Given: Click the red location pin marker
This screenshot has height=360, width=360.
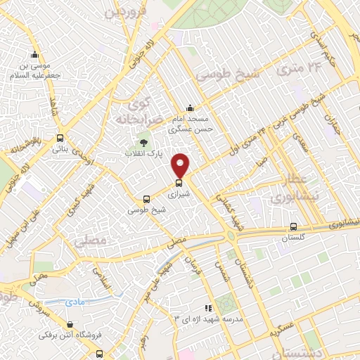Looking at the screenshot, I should point(181,165).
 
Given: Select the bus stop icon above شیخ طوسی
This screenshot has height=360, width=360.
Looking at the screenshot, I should point(146,199).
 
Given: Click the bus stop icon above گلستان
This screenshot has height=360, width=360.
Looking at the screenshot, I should point(293,226).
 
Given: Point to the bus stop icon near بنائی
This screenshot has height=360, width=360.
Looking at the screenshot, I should point(60,138).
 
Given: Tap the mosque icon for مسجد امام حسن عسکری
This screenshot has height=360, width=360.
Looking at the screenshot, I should point(189,108).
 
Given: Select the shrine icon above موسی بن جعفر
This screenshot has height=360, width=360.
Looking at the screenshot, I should point(34,56).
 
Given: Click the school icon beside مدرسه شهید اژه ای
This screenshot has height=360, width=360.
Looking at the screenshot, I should point(207,307).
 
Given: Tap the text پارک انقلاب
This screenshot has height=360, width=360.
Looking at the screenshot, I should point(144,153).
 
